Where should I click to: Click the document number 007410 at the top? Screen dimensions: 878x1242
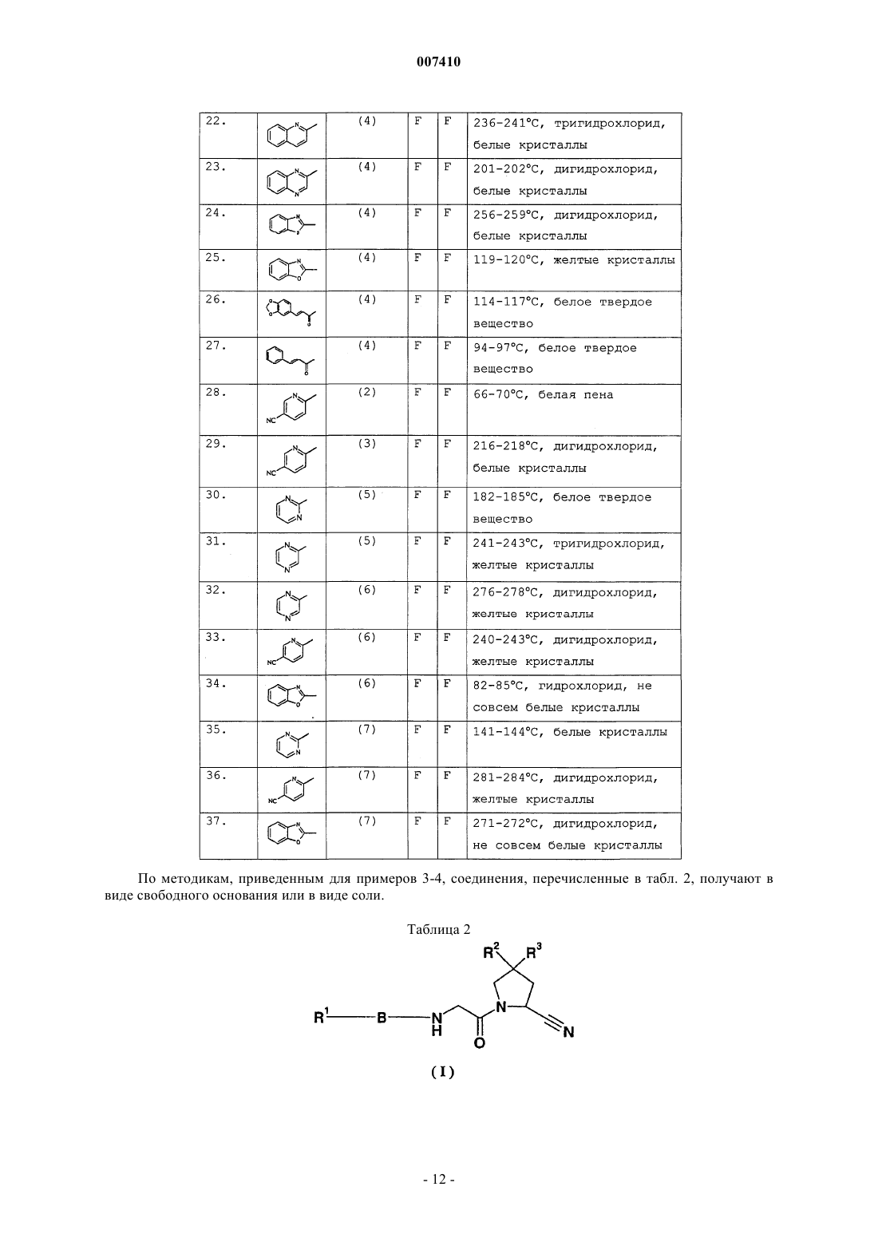(438, 61)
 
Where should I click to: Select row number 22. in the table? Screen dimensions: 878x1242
(216, 121)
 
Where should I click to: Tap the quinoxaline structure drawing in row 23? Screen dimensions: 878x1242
(291, 182)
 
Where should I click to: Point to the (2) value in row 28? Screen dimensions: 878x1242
(367, 393)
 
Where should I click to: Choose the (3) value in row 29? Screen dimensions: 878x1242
(367, 444)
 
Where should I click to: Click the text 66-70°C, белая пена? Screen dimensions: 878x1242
(543, 395)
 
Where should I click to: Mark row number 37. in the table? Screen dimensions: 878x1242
(216, 821)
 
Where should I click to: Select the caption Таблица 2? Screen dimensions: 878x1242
(438, 929)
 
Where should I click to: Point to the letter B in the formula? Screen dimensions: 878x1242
(382, 1018)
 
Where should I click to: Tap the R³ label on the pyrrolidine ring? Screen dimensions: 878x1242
(534, 951)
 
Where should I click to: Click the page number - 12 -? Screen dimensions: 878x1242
(438, 1179)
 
